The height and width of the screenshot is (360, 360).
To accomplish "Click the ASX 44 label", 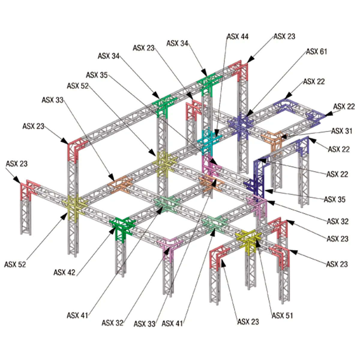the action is [x=237, y=37].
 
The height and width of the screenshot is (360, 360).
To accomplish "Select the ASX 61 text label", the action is [x=316, y=52].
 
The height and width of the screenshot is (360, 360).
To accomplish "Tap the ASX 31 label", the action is [x=341, y=131].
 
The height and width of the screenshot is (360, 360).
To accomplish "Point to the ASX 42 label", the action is [x=64, y=272].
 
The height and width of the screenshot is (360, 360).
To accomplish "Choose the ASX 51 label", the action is [x=282, y=316].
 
